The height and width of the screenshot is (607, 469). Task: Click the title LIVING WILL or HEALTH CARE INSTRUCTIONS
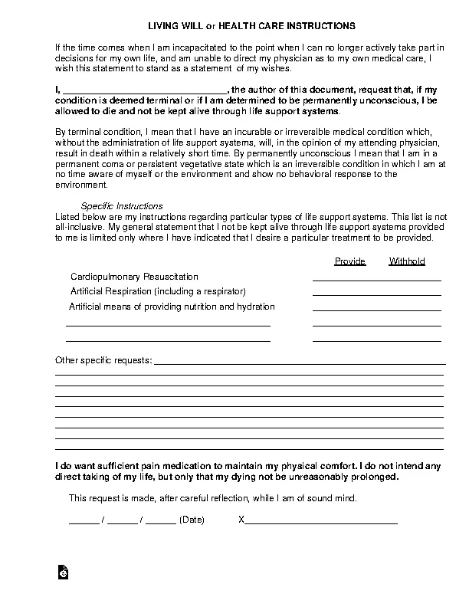[x=235, y=26]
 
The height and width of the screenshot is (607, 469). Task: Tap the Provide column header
[x=350, y=261]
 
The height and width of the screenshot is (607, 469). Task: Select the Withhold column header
[x=407, y=261]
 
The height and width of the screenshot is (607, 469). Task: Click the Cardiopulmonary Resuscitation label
[x=134, y=276]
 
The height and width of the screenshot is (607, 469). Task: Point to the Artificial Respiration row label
[x=158, y=291]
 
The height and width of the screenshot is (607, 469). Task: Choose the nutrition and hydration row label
[x=172, y=307]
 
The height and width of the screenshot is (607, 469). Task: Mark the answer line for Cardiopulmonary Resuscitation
[x=376, y=280]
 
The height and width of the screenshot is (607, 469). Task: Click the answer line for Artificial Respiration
[x=376, y=294]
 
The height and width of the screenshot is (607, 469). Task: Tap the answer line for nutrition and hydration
[x=376, y=310]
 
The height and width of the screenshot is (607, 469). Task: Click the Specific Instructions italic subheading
[x=122, y=206]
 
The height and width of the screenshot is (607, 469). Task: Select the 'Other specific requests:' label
[x=103, y=360]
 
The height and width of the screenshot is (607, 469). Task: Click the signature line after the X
[x=321, y=521]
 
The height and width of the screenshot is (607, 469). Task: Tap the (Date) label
[x=192, y=520]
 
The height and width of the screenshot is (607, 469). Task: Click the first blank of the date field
[x=84, y=521]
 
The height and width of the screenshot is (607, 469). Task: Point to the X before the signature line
[x=241, y=520]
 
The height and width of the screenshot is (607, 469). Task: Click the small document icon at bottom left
[x=65, y=572]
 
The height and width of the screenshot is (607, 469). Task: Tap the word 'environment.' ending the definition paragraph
[x=82, y=185]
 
